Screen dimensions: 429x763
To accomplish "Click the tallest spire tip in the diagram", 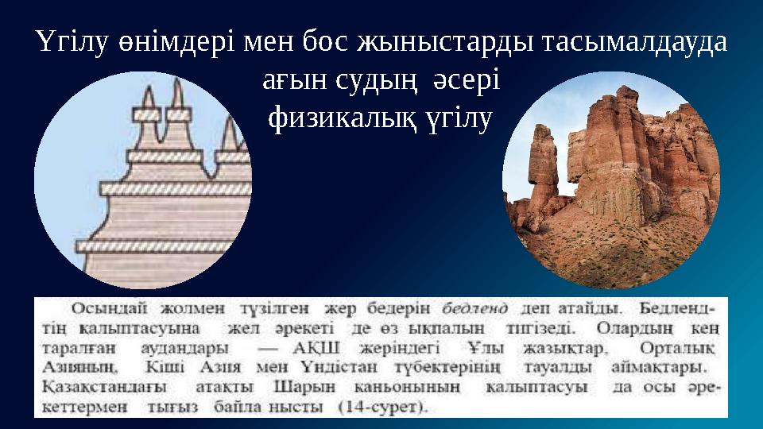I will click(148, 88).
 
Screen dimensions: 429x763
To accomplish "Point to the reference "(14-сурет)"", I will click(381, 408).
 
